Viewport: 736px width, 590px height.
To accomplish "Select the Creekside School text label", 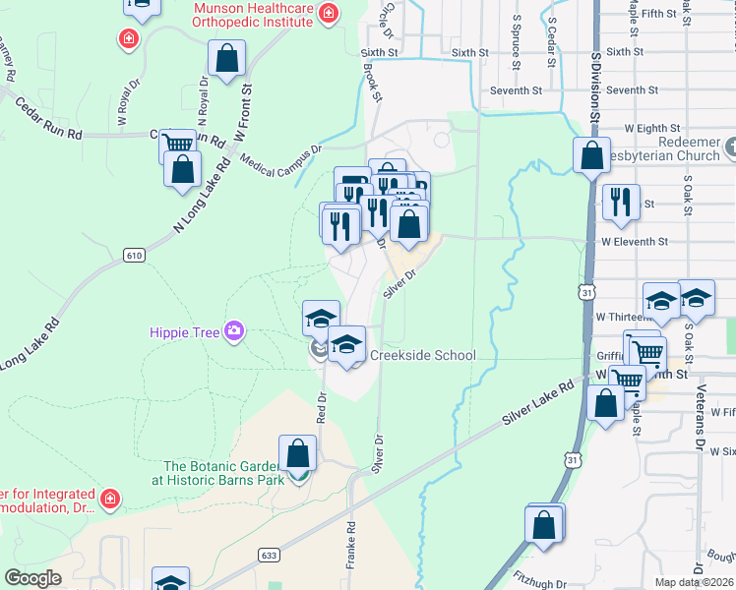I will [x=422, y=355].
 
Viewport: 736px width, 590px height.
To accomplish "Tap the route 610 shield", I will [x=135, y=256].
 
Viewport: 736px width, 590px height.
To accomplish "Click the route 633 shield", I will [x=268, y=556].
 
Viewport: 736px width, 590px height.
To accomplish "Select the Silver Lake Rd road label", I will [x=536, y=404].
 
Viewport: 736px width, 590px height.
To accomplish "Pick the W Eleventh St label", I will [x=635, y=241].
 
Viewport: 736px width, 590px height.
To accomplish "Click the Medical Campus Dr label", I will [x=280, y=157].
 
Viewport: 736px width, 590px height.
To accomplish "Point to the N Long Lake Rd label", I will [x=201, y=196].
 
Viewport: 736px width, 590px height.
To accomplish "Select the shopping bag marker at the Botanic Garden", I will [x=298, y=454].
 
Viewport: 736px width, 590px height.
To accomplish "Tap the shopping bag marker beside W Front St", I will [x=227, y=59].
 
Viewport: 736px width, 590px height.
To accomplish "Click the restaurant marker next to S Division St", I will [x=620, y=202].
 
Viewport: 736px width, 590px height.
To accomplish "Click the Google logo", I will [x=32, y=578].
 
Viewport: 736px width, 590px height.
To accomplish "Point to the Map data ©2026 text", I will [x=694, y=582].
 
